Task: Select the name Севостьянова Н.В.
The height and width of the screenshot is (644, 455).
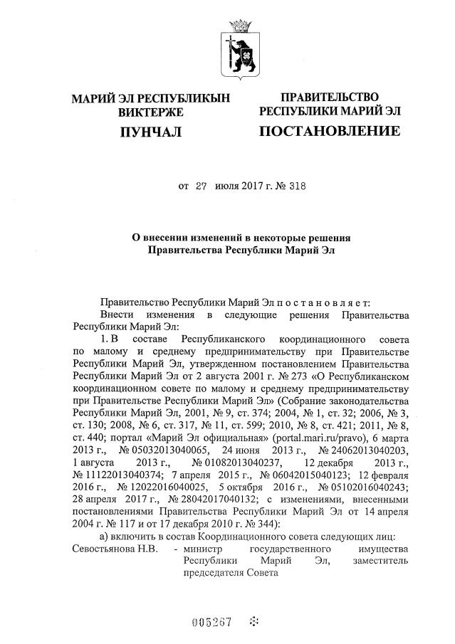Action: click(115, 552)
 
